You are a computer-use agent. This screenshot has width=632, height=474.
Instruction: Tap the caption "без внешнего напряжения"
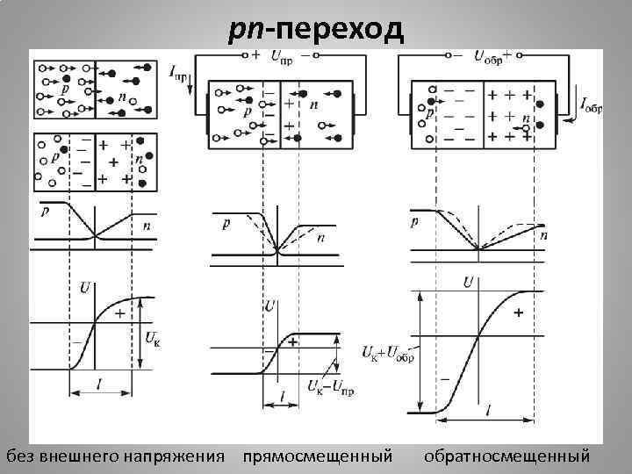click(x=115, y=456)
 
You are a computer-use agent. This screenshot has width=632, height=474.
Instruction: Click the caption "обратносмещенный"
click(x=506, y=456)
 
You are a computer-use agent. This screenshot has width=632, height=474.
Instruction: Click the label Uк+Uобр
click(x=387, y=353)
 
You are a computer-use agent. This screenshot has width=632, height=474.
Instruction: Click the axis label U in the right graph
click(x=469, y=282)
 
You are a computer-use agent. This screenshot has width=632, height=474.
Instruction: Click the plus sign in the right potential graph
click(x=517, y=312)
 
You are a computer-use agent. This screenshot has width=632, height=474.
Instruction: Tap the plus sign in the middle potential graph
click(x=292, y=341)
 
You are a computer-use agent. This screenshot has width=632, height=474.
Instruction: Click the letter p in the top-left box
click(x=66, y=90)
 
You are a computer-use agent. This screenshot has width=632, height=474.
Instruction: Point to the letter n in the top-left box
click(x=121, y=97)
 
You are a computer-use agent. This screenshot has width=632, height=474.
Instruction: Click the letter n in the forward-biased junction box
click(x=313, y=104)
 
